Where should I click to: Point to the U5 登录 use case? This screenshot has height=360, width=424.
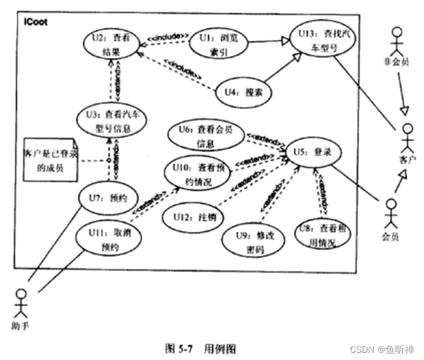(313, 153)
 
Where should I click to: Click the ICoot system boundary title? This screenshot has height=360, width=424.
(35, 21)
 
